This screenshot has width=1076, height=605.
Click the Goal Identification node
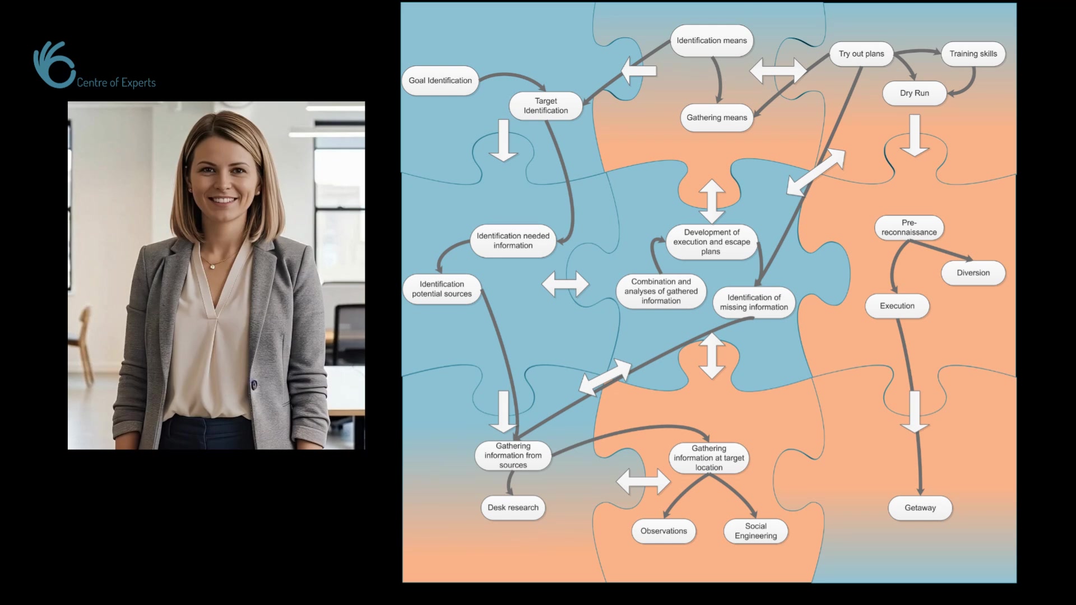(x=440, y=81)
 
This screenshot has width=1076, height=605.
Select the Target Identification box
(x=545, y=106)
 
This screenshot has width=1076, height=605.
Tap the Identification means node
(x=711, y=41)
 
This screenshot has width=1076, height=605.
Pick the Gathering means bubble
(x=717, y=118)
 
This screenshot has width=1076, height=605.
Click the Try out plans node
(x=861, y=54)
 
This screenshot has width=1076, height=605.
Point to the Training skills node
(x=973, y=54)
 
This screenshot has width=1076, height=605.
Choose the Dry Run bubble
(x=914, y=94)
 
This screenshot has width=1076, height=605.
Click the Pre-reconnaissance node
(x=908, y=228)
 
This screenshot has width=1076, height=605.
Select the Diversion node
(x=973, y=273)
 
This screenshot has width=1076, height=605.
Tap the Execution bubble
(x=897, y=306)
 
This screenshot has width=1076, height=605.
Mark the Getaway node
(x=920, y=508)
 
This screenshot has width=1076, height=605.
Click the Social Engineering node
(x=755, y=531)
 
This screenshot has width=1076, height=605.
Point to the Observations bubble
(x=664, y=531)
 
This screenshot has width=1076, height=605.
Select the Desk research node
(x=513, y=508)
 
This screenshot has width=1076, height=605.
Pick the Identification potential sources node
(x=442, y=289)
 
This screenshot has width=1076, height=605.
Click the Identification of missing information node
(x=754, y=302)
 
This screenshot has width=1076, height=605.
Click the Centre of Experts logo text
(x=116, y=83)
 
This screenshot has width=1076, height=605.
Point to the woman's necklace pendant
(x=212, y=267)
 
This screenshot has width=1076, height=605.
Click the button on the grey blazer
(x=254, y=385)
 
